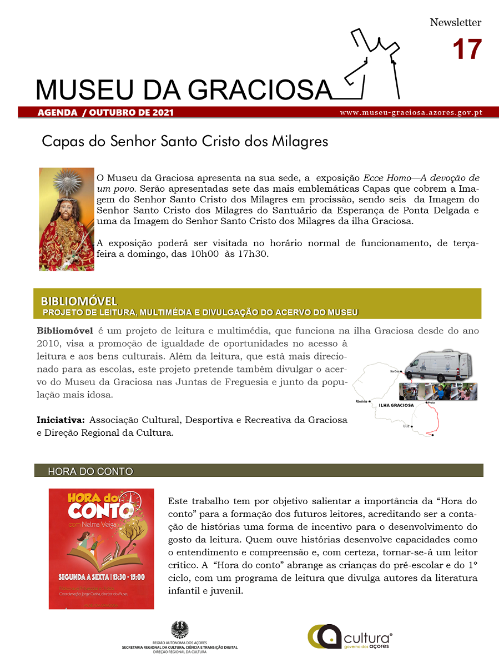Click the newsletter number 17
pyautogui.click(x=467, y=49)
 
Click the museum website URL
pyautogui.click(x=411, y=112)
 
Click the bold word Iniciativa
pyautogui.click(x=61, y=420)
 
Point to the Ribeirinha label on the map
pyautogui.click(x=361, y=401)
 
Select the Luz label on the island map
pyautogui.click(x=406, y=426)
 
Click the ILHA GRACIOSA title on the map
pyautogui.click(x=396, y=405)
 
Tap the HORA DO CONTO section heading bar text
pyautogui.click(x=90, y=471)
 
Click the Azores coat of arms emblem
pyautogui.click(x=179, y=630)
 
